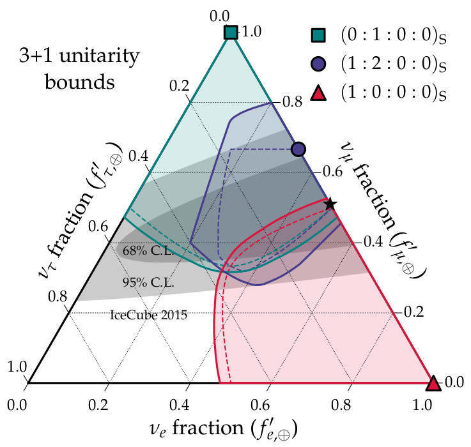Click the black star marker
(330, 204)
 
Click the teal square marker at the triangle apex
(231, 32)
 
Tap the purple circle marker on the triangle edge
(298, 149)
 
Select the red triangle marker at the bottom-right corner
(433, 383)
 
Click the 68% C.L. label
(146, 251)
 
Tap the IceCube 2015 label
(148, 314)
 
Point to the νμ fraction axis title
(384, 217)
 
